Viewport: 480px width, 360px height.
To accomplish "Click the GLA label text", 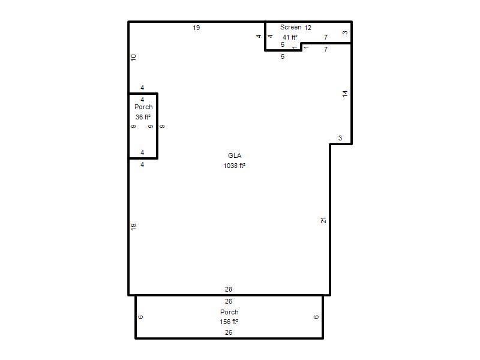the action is click(x=235, y=155).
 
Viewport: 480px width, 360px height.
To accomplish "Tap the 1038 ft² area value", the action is click(x=234, y=166).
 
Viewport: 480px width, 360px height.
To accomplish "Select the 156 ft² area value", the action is click(x=229, y=322).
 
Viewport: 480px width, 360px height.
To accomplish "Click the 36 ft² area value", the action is click(x=143, y=117).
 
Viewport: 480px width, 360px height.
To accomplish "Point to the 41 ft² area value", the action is click(x=290, y=37).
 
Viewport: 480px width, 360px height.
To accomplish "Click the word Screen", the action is click(x=291, y=27).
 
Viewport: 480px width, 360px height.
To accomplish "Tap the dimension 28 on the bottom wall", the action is click(x=229, y=289).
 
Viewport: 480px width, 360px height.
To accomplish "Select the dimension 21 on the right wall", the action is click(x=323, y=220).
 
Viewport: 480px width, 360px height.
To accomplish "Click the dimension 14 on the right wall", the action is click(x=345, y=94).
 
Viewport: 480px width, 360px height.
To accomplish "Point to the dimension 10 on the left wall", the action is click(x=133, y=58).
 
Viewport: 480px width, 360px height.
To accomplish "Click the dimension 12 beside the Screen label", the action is click(x=308, y=28).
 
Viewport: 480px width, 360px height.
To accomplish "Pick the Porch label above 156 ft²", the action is click(x=229, y=312).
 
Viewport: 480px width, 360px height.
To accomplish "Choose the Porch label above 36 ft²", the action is click(x=143, y=107).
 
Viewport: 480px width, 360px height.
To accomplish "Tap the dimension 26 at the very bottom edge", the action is click(x=229, y=332).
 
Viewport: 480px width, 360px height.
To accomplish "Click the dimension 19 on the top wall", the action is click(x=196, y=28).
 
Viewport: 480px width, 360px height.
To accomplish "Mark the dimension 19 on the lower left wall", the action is click(x=133, y=227).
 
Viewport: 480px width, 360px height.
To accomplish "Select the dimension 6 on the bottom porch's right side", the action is click(x=316, y=317).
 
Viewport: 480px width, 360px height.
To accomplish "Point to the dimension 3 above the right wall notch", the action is click(x=340, y=138).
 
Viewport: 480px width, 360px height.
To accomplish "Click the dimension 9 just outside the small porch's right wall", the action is click(x=162, y=126).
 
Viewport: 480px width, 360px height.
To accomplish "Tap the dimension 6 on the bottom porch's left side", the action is click(x=141, y=317).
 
